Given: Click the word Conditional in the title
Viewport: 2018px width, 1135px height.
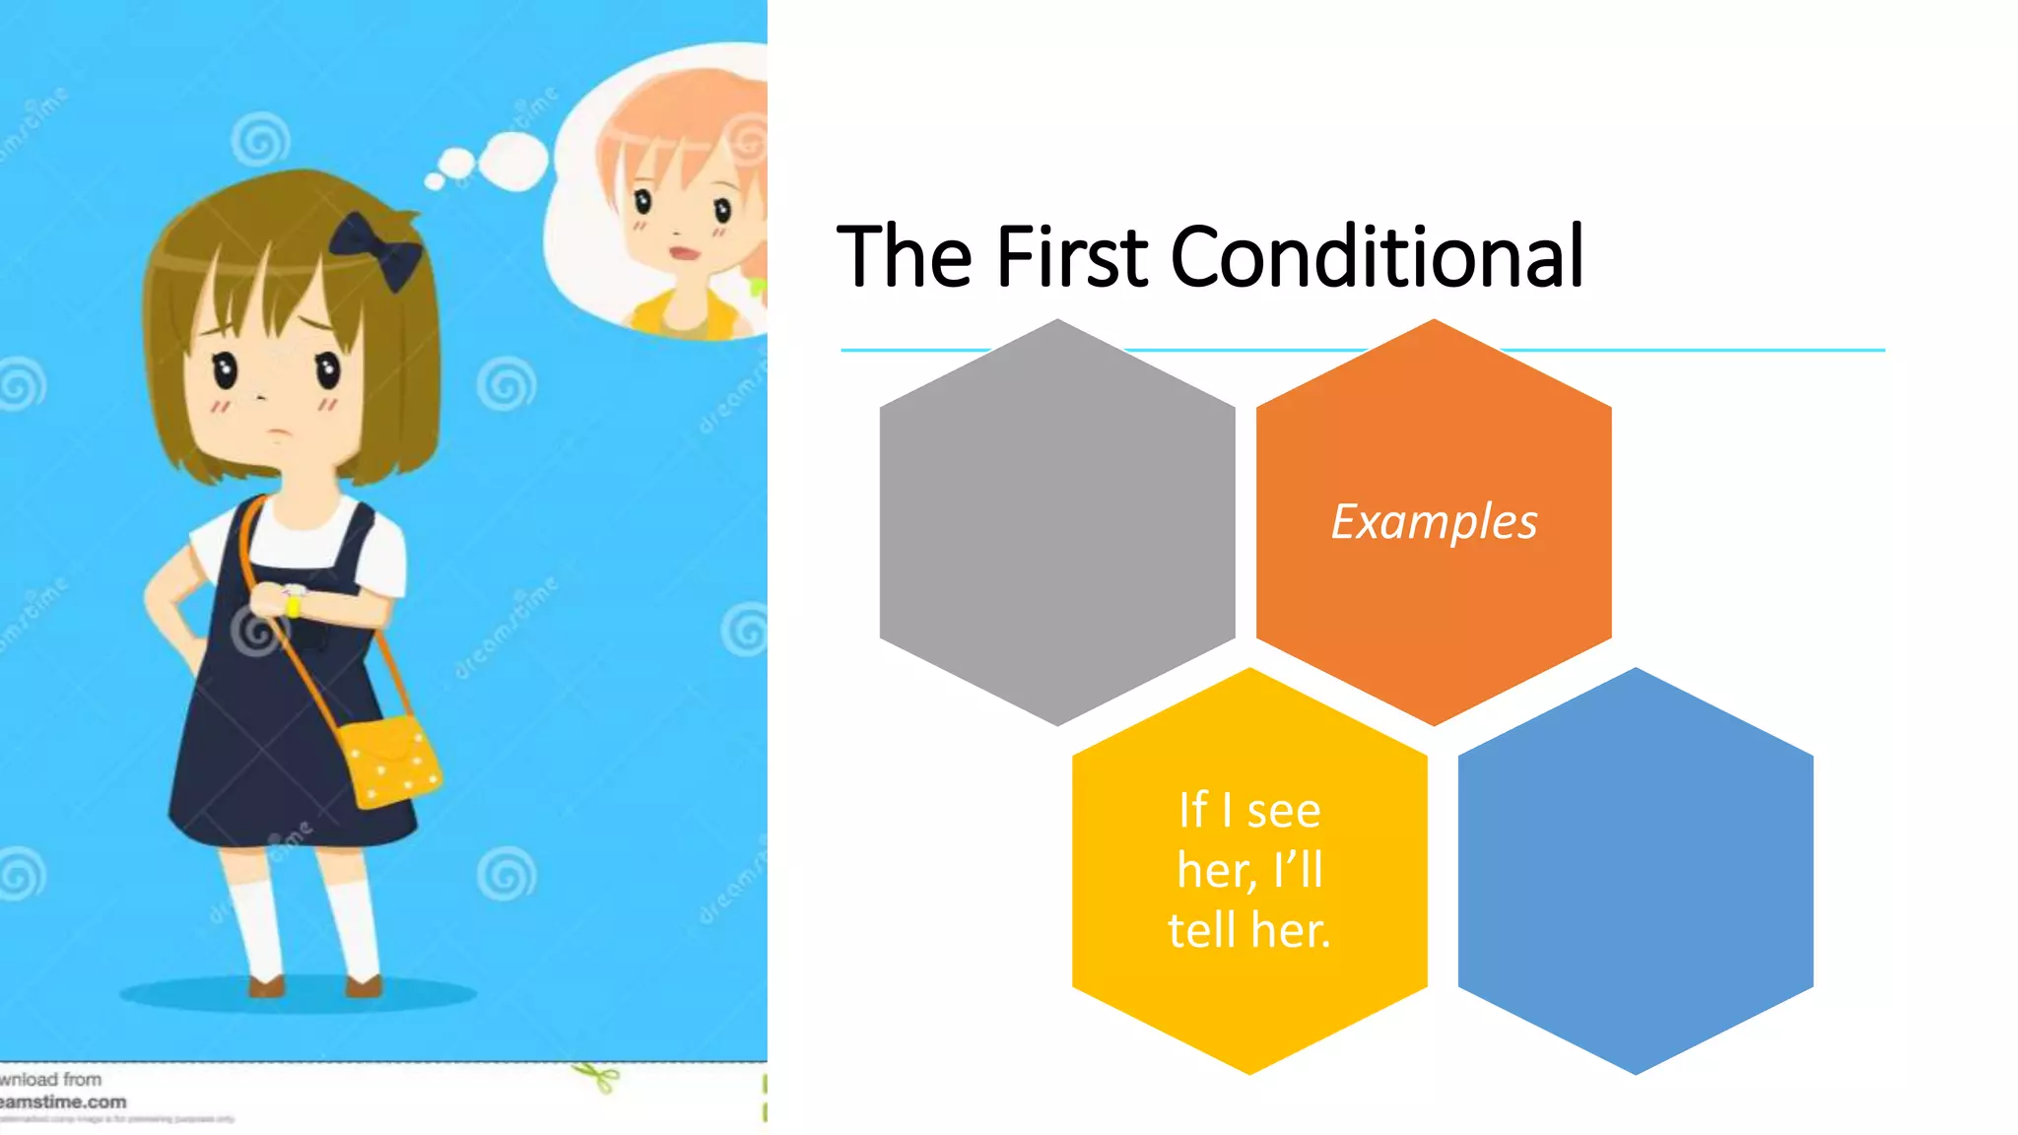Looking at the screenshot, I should click(1377, 257).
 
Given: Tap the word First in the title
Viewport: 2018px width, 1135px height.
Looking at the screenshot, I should click(1071, 257).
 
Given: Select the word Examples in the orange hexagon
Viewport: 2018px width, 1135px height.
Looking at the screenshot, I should click(1434, 521).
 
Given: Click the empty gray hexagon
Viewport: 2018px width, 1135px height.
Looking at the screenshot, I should click(1057, 522).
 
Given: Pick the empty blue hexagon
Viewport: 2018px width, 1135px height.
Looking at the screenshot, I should click(1635, 871).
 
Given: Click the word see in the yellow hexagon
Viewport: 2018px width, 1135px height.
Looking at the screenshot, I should click(1283, 811).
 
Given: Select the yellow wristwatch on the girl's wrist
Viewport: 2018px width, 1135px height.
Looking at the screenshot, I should click(293, 602).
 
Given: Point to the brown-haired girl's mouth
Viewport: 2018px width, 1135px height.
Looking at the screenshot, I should click(281, 432).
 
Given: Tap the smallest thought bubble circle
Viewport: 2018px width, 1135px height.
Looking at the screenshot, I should click(435, 181).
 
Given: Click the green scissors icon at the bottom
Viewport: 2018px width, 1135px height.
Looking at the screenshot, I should click(597, 1077).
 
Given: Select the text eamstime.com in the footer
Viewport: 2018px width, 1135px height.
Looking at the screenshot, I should click(64, 1102).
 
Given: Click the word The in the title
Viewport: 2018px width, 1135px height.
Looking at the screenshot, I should click(905, 257).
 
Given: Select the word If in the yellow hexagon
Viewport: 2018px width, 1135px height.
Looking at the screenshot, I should click(1193, 811).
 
